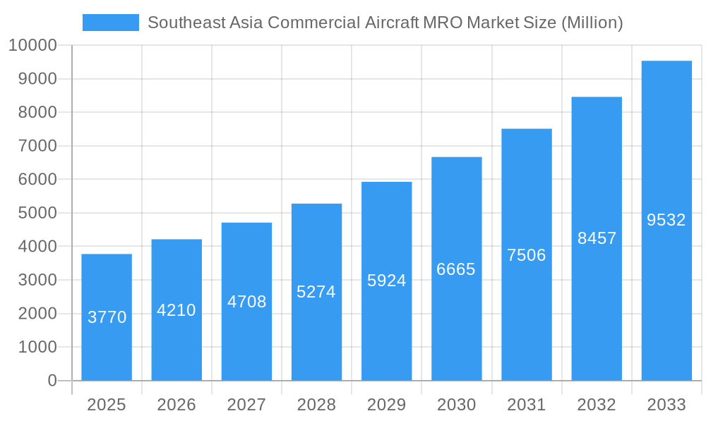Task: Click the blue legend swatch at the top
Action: click(x=111, y=23)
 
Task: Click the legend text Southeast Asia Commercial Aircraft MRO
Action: click(x=385, y=23)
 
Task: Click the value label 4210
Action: click(x=176, y=310)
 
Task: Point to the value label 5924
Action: click(x=387, y=281)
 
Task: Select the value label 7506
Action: click(x=527, y=255)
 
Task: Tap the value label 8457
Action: click(x=597, y=238)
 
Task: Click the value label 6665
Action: click(x=456, y=269)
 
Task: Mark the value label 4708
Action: click(x=246, y=302)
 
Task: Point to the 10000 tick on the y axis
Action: click(x=32, y=46)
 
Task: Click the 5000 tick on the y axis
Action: click(x=37, y=213)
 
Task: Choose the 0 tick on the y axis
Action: click(x=52, y=381)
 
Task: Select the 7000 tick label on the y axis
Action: click(x=37, y=146)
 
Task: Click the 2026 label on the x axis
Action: click(x=176, y=405)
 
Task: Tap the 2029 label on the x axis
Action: click(x=387, y=405)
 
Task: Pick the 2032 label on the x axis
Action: click(x=597, y=405)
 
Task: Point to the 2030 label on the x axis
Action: click(x=456, y=405)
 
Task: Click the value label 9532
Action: click(x=666, y=220)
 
